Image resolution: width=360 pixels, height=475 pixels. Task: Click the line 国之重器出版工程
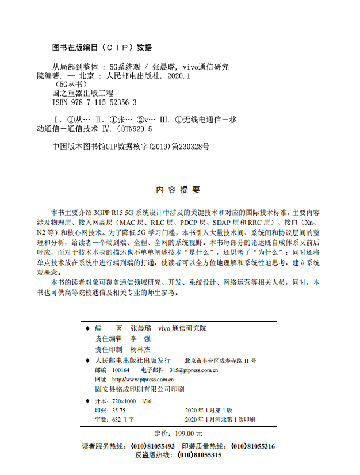[83, 93]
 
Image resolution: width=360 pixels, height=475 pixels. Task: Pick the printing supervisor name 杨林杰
[140, 349]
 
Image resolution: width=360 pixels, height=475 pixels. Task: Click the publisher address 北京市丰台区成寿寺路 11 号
[220, 361]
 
